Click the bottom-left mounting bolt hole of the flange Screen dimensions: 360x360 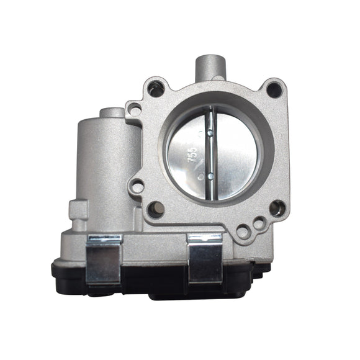[154, 209]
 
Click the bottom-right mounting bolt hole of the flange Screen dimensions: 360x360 [276, 209]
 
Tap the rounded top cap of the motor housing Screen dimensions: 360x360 [112, 114]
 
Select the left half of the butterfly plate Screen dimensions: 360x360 [187, 155]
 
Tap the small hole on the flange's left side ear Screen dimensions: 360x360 [137, 185]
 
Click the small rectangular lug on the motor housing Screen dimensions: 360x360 [78, 209]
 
